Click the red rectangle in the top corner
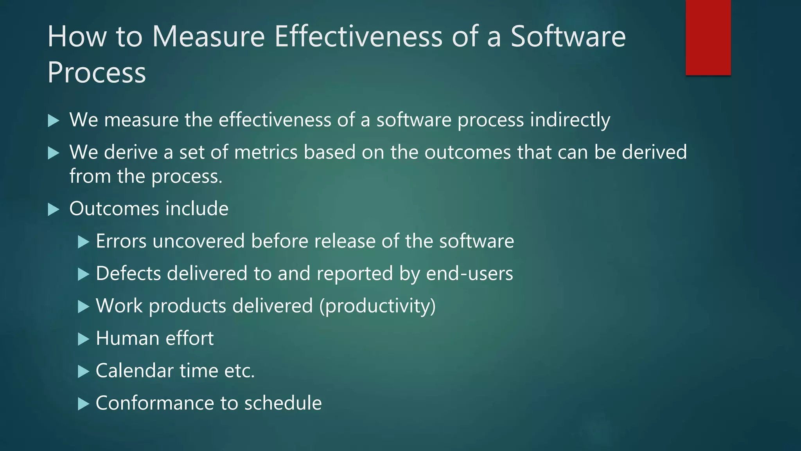(708, 37)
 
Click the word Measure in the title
(208, 36)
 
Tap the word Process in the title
(97, 73)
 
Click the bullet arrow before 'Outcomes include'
(53, 209)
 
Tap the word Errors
(121, 241)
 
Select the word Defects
(128, 273)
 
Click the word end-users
(469, 273)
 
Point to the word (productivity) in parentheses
(377, 306)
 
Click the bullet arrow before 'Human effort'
(83, 339)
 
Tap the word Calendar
(135, 371)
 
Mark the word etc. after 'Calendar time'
(239, 371)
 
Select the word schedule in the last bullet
(283, 403)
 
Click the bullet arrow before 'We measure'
(53, 121)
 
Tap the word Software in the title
(568, 36)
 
